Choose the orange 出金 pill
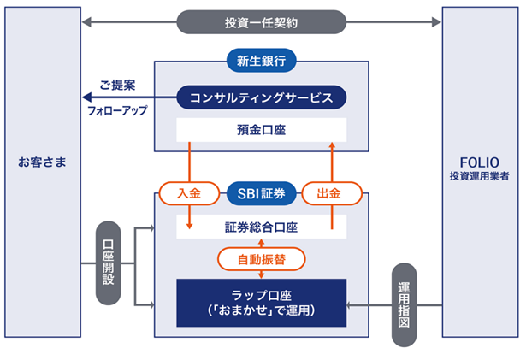[x=334, y=193]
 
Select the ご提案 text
[x=118, y=86]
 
